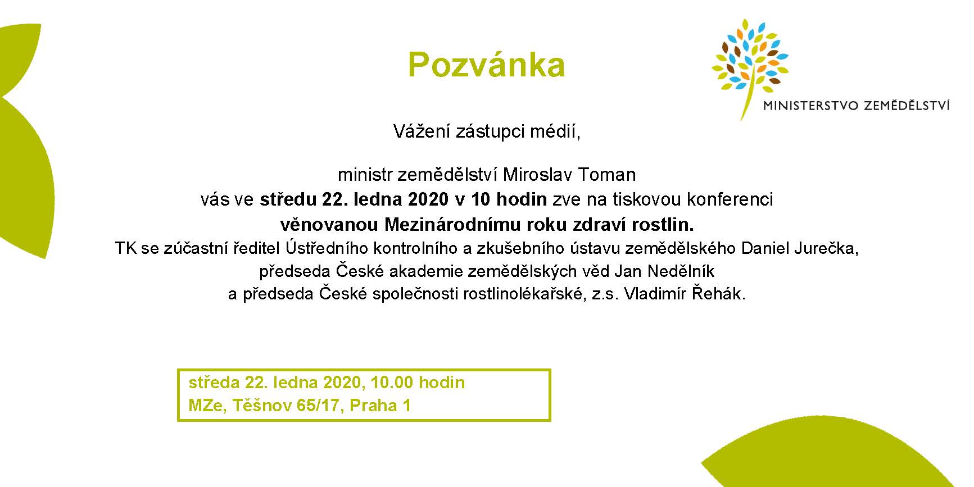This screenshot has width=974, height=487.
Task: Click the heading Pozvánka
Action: tap(486, 65)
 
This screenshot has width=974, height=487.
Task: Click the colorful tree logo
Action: tap(750, 65)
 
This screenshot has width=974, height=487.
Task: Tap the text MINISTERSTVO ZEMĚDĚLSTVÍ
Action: tap(856, 105)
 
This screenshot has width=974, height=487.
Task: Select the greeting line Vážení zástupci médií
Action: tap(486, 132)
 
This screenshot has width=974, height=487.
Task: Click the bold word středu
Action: tap(288, 199)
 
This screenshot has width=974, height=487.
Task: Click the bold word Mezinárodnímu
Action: tap(452, 225)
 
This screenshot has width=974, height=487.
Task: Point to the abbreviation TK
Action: tap(126, 248)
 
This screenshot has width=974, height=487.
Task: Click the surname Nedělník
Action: tap(681, 271)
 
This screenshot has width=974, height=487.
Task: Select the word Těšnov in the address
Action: tap(260, 405)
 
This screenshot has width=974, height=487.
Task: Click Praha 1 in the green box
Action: tap(380, 405)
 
